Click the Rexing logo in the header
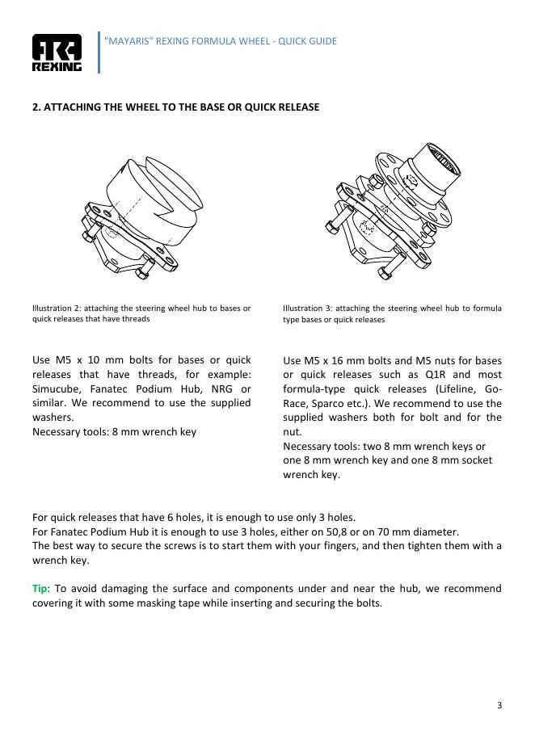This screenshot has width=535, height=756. (x=57, y=53)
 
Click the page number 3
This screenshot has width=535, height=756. (x=499, y=705)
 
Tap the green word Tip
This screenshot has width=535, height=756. (x=40, y=588)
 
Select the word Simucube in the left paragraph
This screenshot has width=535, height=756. (x=55, y=388)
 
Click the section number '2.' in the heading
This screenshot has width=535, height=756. (x=36, y=107)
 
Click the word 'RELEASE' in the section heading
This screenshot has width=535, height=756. (x=297, y=107)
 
